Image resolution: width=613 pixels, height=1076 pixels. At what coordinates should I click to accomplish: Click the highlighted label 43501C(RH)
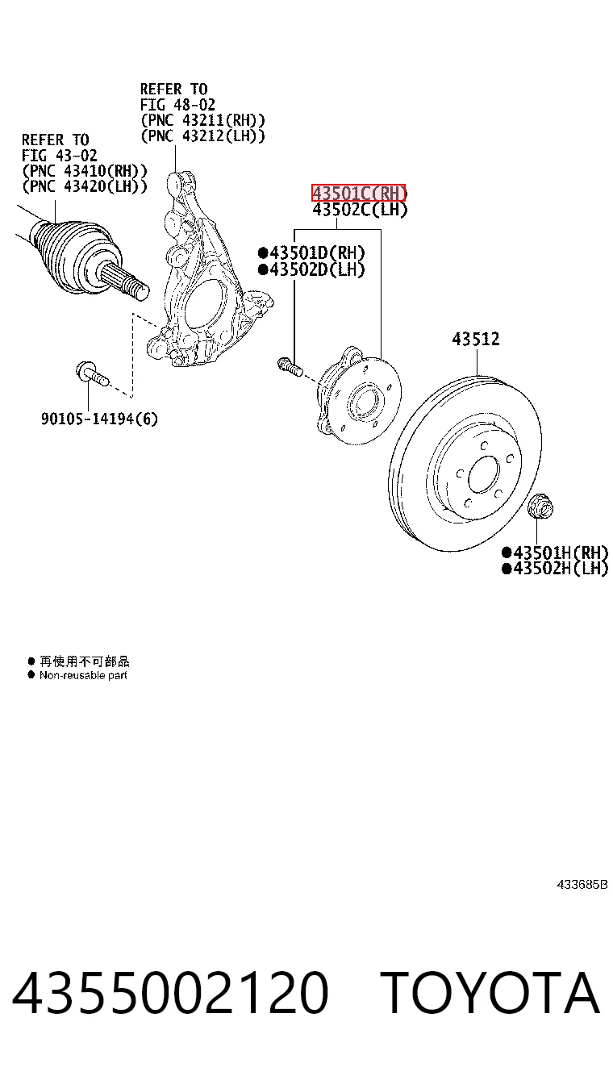tap(359, 193)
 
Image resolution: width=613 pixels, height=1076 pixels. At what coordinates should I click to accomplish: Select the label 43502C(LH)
tap(360, 210)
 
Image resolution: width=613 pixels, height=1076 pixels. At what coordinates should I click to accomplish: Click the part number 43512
tap(476, 339)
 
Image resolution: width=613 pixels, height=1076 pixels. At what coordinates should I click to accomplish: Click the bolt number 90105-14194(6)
tap(99, 419)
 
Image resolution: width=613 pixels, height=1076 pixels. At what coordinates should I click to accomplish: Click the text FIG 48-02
tap(177, 104)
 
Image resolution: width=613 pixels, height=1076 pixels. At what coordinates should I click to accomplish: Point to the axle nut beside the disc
tap(540, 507)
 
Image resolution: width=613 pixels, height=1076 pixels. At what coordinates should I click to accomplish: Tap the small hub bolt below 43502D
tap(290, 366)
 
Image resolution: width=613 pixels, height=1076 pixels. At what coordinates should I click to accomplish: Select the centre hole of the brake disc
tap(483, 474)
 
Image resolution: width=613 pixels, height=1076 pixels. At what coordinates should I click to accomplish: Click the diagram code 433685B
tap(582, 884)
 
